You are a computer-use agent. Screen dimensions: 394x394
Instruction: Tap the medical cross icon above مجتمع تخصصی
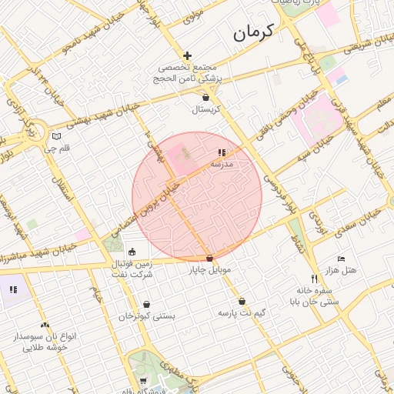tap(187, 55)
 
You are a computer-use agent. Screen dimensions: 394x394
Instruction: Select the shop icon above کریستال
tap(205, 98)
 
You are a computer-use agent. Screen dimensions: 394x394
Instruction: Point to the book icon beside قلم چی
tap(55, 137)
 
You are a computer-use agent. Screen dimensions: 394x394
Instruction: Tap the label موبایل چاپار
tap(209, 271)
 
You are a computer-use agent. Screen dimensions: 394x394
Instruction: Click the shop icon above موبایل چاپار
tap(209, 259)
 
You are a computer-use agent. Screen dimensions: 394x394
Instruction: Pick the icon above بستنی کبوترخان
tap(147, 305)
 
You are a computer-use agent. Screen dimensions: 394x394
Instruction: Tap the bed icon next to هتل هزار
tap(342, 259)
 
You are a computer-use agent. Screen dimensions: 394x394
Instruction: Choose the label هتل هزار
tap(340, 271)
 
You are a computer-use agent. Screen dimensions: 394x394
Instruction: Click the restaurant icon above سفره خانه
tap(313, 279)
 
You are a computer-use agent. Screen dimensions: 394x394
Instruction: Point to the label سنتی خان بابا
tap(313, 302)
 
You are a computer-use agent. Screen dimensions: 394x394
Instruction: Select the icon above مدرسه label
tap(222, 153)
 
